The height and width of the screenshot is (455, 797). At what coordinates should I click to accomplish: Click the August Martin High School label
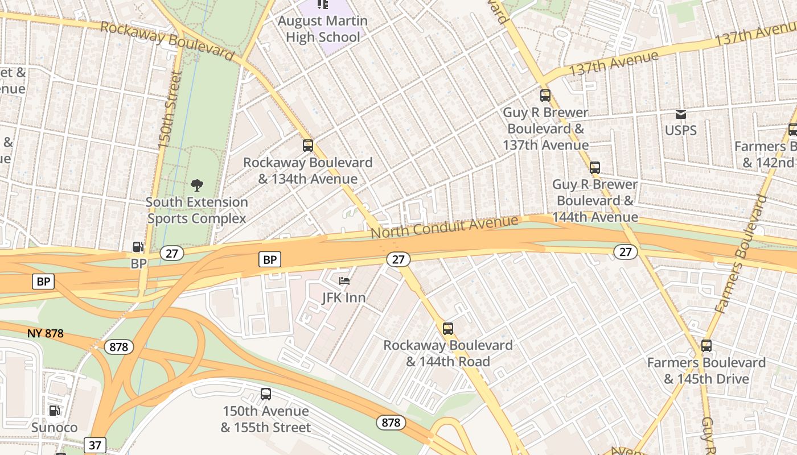(323, 29)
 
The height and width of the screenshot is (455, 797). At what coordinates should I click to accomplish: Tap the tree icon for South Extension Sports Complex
(197, 185)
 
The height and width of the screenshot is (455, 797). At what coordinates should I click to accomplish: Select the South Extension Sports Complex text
(197, 210)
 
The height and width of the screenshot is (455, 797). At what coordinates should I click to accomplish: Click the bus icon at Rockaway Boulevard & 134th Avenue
(308, 146)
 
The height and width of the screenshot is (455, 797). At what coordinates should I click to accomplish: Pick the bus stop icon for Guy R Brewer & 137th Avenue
(545, 96)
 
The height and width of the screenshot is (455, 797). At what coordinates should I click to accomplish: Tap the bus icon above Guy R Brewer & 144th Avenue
(595, 168)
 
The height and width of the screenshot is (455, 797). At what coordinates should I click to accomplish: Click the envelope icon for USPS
(680, 114)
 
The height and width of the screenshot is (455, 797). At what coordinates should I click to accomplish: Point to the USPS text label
(680, 130)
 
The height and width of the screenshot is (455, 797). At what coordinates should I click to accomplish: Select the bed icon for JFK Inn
(344, 281)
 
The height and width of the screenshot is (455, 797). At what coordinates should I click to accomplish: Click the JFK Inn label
(344, 297)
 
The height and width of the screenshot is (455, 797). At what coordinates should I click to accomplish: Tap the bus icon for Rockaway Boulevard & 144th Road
(448, 329)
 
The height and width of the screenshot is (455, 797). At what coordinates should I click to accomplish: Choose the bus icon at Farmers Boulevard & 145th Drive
(706, 346)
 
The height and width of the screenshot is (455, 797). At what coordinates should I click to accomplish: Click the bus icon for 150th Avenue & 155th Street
(266, 394)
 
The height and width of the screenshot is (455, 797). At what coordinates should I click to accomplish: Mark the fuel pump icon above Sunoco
(54, 411)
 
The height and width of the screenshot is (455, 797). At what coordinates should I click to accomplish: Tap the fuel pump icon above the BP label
(138, 247)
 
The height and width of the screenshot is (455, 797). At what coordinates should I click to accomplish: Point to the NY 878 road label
(45, 333)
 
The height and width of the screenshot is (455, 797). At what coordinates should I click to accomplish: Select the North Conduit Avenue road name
(445, 227)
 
